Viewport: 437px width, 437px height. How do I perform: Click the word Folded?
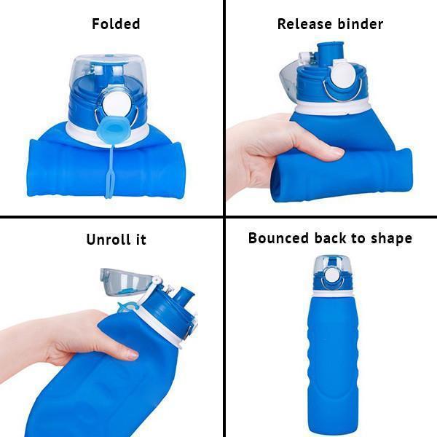point(116,24)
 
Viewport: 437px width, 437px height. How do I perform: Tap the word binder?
point(361,24)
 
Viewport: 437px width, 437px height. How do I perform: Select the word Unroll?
point(108,239)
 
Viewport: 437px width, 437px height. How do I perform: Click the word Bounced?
point(279,238)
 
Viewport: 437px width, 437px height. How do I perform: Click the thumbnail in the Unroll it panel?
point(132,355)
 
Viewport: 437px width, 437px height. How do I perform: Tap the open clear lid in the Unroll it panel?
point(125,282)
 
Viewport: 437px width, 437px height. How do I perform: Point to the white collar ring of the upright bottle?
point(331,294)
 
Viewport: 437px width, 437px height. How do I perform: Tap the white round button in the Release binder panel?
point(342,76)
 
